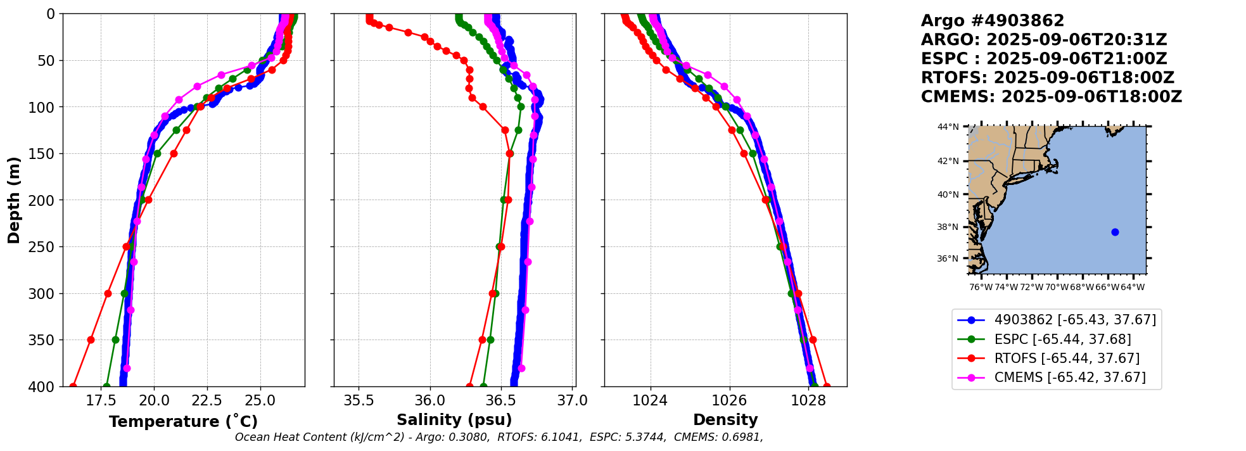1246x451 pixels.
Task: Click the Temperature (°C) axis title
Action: pos(183,422)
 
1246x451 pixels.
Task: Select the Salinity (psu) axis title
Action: pos(454,420)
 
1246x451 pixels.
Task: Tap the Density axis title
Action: pos(725,420)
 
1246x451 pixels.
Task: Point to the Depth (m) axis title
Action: pos(14,200)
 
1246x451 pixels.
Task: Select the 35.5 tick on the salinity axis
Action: pos(359,401)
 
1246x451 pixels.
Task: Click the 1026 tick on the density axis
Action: pos(729,401)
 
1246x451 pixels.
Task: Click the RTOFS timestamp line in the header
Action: pos(1047,78)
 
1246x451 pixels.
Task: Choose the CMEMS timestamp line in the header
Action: pos(1051,97)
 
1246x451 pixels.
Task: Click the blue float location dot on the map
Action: pos(1115,232)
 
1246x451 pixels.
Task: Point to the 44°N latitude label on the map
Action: pos(948,127)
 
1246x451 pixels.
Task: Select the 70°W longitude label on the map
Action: pos(1057,288)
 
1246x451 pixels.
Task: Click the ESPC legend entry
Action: pos(1062,340)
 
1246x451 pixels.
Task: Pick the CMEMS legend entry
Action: pos(1070,378)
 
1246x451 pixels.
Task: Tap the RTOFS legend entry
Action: pos(1067,359)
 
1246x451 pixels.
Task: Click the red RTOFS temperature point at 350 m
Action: pos(91,340)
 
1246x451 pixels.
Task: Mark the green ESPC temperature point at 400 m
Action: pos(106,386)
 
